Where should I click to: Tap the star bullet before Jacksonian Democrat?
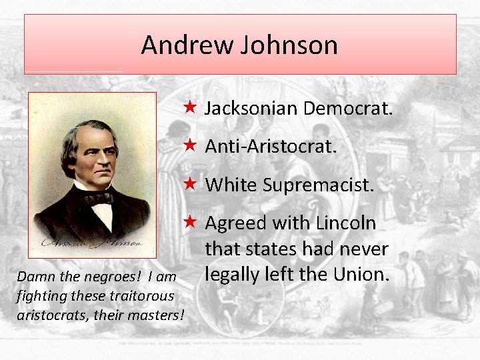tap(190, 107)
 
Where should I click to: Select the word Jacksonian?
tap(249, 108)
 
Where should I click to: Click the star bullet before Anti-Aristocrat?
tap(190, 145)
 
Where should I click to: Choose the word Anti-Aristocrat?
tap(271, 146)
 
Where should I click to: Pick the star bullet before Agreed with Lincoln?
tap(190, 222)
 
